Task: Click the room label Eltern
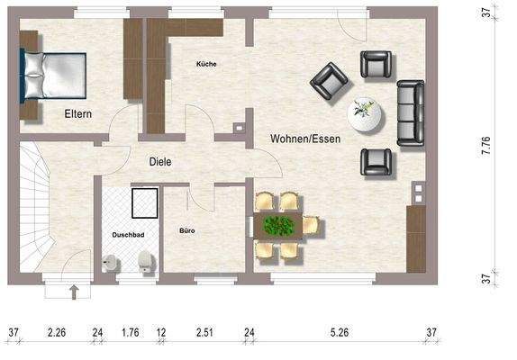pyautogui.click(x=79, y=114)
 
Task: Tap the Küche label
pyautogui.click(x=206, y=64)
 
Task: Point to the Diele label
pyautogui.click(x=160, y=161)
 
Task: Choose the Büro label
pyautogui.click(x=187, y=231)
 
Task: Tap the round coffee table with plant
pyautogui.click(x=365, y=114)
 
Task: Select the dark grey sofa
pyautogui.click(x=411, y=111)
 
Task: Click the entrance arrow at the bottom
pyautogui.click(x=75, y=291)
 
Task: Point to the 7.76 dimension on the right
pyautogui.click(x=486, y=148)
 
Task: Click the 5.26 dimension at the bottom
pyautogui.click(x=340, y=333)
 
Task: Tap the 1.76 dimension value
pyautogui.click(x=131, y=333)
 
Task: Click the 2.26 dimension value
pyautogui.click(x=56, y=333)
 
